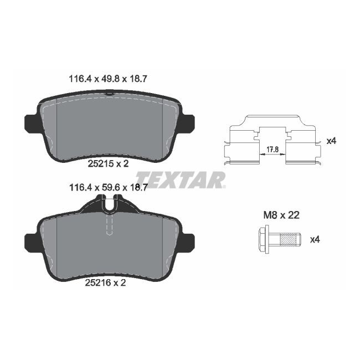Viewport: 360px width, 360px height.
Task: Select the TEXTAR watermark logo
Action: [181, 180]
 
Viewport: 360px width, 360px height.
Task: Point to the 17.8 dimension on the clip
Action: [271, 149]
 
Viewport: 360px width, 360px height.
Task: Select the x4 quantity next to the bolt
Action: [315, 240]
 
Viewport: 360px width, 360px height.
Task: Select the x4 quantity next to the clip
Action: [331, 141]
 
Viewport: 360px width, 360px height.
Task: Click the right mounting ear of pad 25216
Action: [188, 241]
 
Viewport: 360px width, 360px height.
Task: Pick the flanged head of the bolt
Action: [264, 240]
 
